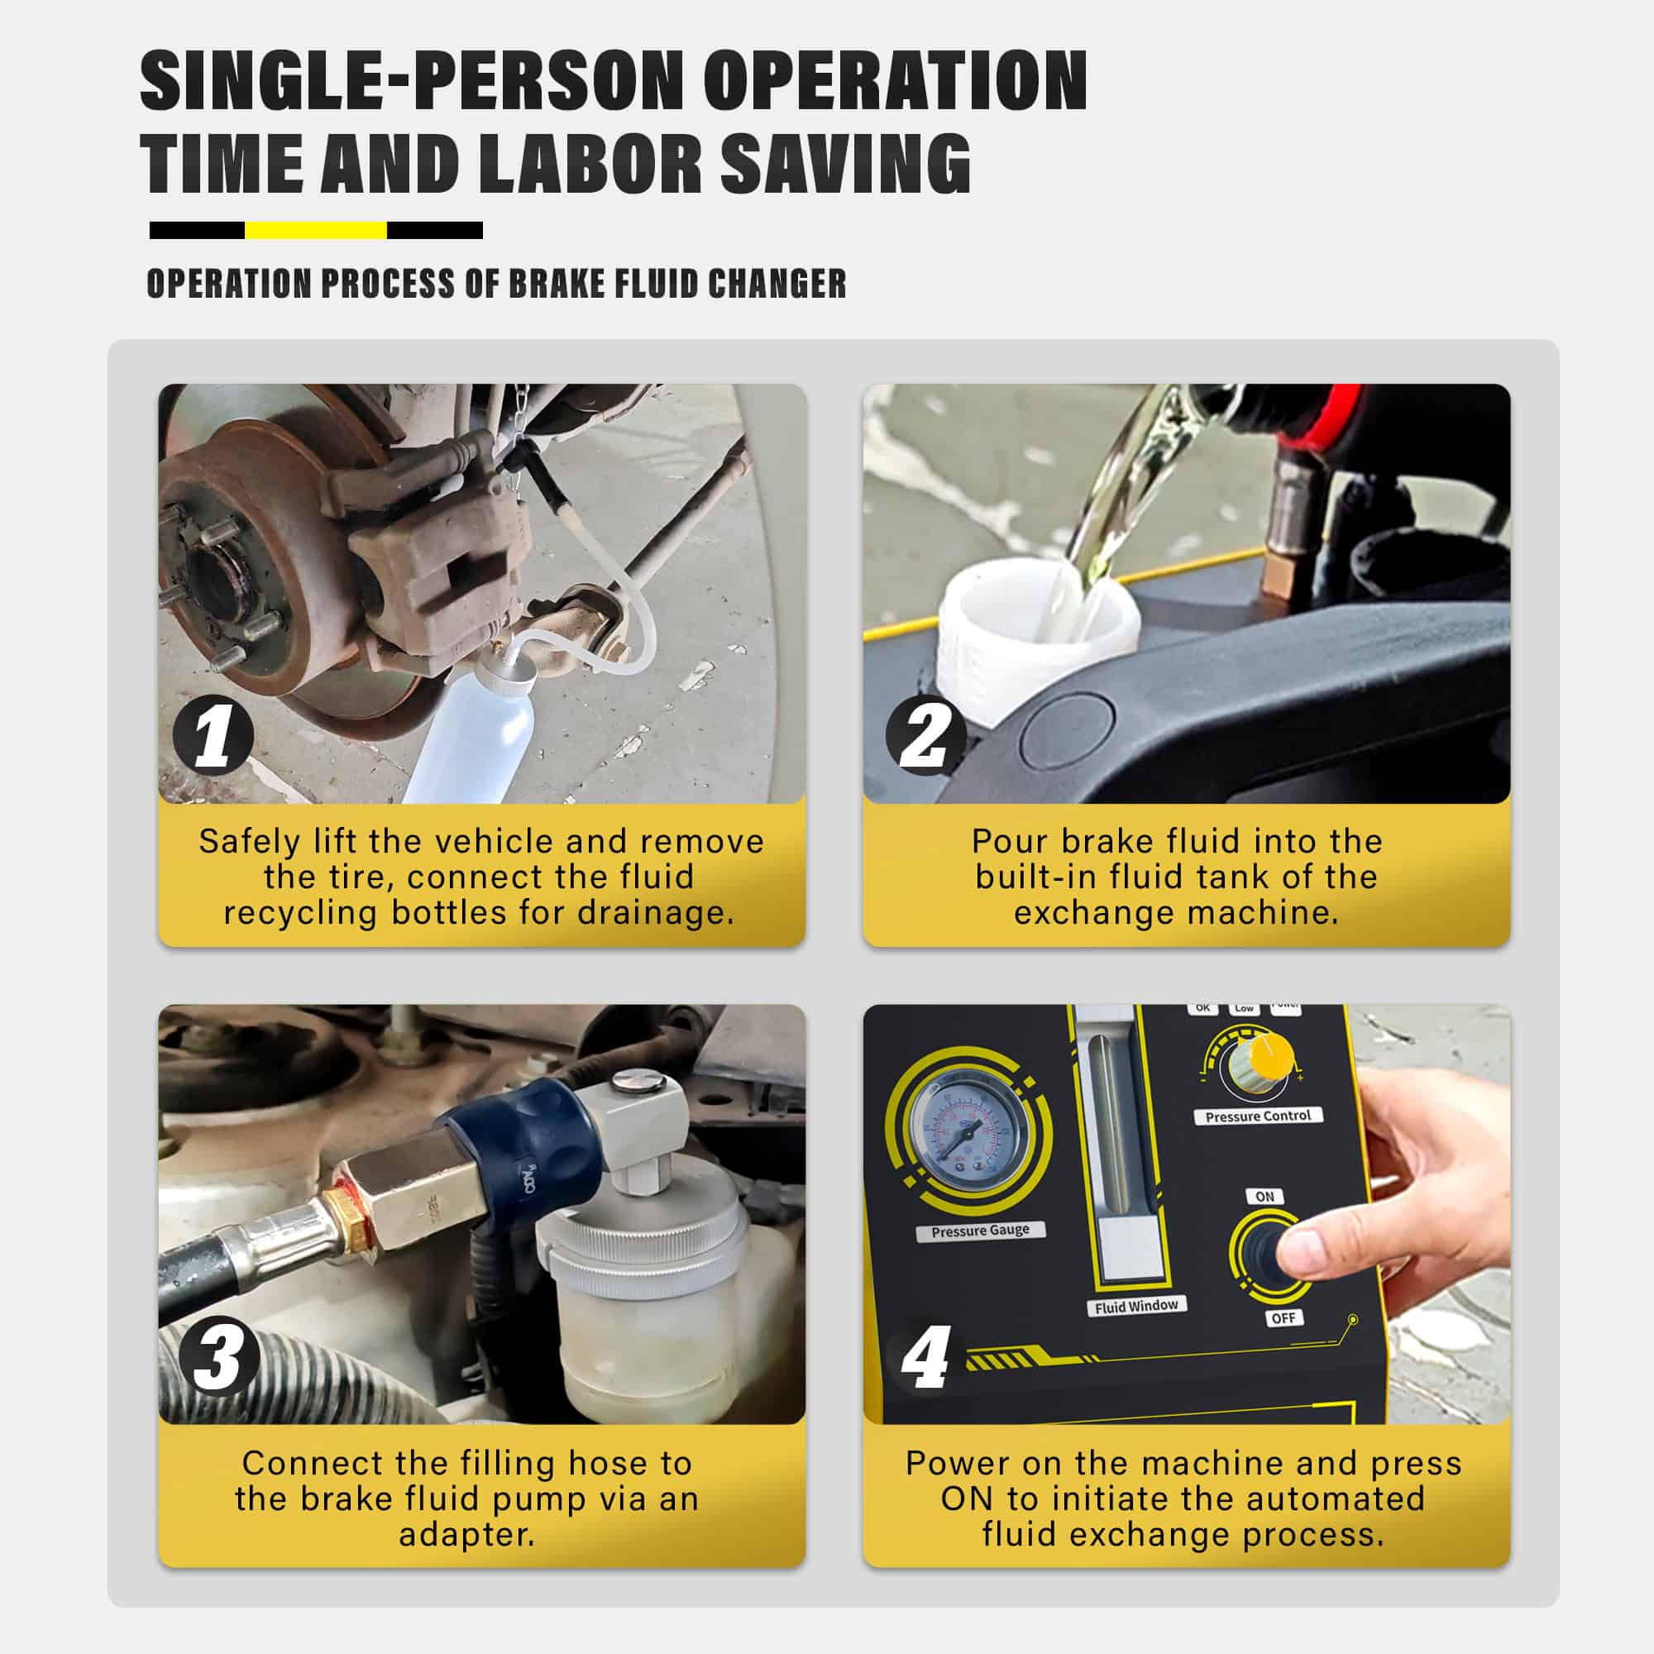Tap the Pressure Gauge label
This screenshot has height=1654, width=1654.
click(980, 1231)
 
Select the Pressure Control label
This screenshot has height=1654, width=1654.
click(1258, 1116)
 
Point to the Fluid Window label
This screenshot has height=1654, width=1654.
click(1136, 1307)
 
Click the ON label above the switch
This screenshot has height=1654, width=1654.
click(1264, 1197)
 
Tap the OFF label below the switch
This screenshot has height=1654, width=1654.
click(1283, 1318)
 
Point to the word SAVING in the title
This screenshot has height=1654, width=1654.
click(846, 163)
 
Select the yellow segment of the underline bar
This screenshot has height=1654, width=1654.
click(316, 230)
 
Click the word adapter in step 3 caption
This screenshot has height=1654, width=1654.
click(466, 1534)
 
